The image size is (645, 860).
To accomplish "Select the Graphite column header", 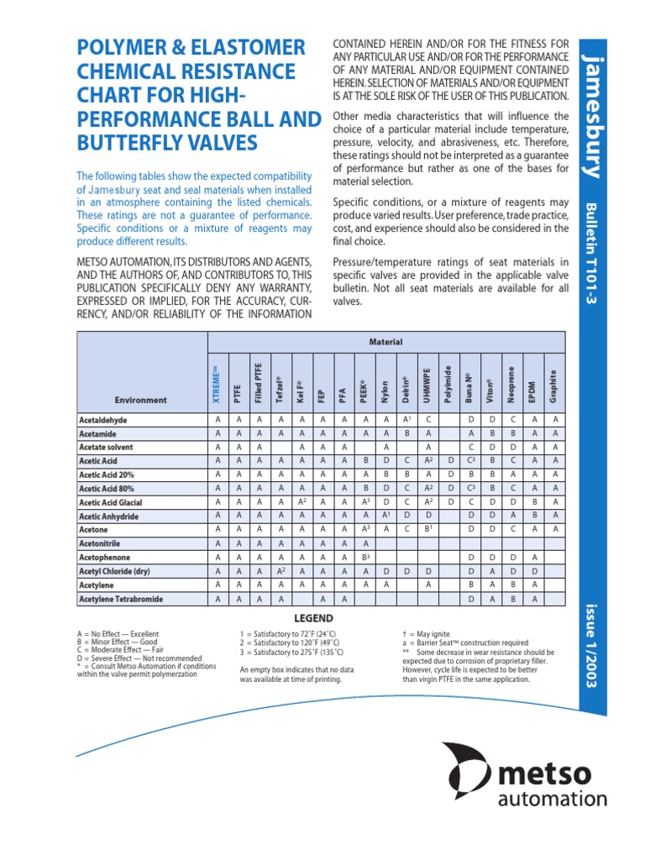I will coord(553,384).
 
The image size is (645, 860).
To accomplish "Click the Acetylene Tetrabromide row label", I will coord(121,599).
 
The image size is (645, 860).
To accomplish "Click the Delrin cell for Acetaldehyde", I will coord(406,419).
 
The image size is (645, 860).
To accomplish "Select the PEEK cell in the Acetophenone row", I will coord(365,558).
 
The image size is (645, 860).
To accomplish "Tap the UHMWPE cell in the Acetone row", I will coord(427,530).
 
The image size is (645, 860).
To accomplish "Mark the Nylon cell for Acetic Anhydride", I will coord(386,516).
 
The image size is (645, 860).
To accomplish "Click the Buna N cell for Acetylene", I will coord(471,585).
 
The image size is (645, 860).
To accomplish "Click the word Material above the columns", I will coord(385,342).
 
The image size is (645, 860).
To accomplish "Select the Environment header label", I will coord(141,400).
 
